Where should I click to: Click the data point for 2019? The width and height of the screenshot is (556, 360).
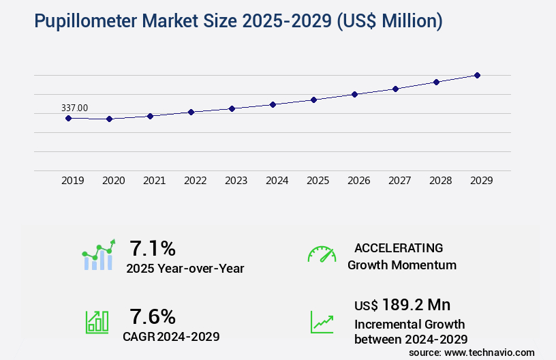tap(68, 118)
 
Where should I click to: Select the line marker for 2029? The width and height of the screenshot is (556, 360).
tap(477, 75)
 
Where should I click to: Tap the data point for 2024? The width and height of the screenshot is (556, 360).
tap(273, 104)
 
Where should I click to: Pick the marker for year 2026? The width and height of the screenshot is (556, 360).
tap(354, 94)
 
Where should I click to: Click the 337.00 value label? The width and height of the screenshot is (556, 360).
tap(74, 108)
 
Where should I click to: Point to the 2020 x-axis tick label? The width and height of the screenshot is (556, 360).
tap(114, 181)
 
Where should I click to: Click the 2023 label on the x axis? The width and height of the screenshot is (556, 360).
tap(236, 181)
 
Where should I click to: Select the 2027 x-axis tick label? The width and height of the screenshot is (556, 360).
tap(400, 181)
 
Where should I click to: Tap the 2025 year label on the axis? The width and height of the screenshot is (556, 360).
tap(318, 181)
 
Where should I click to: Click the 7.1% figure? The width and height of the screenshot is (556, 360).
tap(153, 247)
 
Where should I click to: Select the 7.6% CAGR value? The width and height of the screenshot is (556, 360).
tap(153, 316)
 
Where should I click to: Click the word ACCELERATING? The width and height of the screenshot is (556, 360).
tap(399, 247)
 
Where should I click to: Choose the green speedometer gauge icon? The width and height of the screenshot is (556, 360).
tap(322, 254)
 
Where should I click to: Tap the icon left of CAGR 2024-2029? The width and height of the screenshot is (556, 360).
tap(97, 321)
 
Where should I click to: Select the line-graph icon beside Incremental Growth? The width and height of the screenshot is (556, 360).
tap(322, 322)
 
